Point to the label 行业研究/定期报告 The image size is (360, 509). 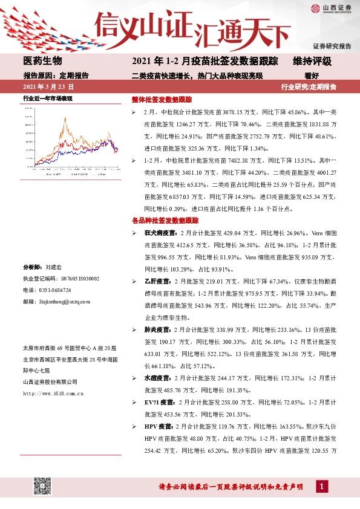click(x=309, y=87)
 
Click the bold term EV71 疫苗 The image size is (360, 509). click(x=160, y=402)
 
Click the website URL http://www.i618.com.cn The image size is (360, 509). click(x=52, y=394)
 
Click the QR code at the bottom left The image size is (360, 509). click(x=42, y=486)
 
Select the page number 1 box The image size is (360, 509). click(x=322, y=487)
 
